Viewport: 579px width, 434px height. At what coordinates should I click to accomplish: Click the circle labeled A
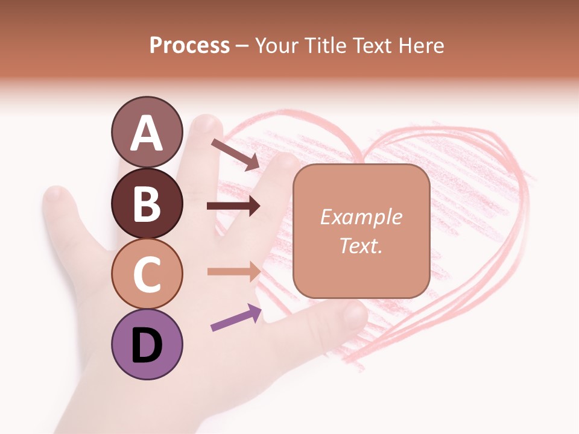(147, 133)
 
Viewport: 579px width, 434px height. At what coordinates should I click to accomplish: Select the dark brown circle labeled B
(147, 203)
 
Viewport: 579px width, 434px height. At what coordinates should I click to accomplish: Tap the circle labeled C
(147, 274)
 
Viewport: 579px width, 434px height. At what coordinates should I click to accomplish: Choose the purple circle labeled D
(147, 344)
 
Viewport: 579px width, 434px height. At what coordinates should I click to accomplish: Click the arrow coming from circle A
(235, 154)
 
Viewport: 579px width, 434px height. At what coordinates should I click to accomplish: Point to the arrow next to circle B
(233, 206)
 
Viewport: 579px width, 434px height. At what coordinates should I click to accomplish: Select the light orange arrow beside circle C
(233, 271)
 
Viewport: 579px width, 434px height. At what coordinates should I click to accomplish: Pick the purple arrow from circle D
(236, 318)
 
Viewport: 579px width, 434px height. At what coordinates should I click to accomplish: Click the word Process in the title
(189, 45)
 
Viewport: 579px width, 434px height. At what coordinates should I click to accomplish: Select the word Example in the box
(361, 217)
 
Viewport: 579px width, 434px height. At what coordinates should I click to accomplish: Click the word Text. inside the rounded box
(361, 245)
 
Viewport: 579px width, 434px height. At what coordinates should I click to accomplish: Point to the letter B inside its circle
(147, 203)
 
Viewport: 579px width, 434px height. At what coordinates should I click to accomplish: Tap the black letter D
(147, 345)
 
